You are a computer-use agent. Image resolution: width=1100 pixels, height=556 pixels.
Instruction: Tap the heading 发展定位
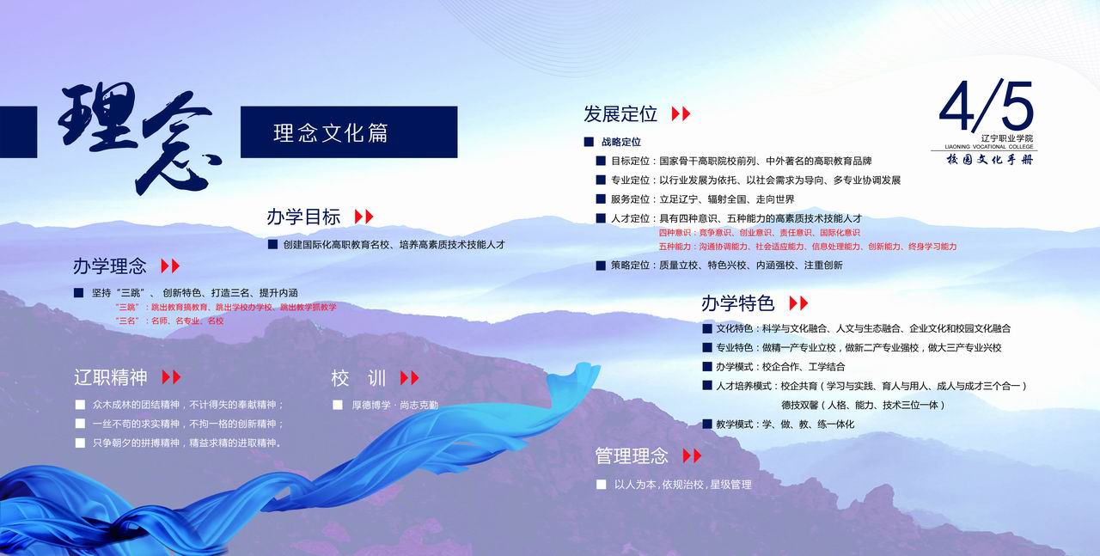[x=620, y=114]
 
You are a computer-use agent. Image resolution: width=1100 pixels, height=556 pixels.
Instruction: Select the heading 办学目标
[x=303, y=217]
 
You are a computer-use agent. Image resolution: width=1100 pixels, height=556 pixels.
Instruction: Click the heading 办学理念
[x=110, y=266]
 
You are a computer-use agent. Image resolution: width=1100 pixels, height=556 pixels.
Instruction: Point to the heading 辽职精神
[x=111, y=378]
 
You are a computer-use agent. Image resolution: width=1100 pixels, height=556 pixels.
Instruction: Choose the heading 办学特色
[x=737, y=303]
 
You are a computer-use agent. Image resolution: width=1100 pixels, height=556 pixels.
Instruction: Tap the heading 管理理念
[x=632, y=456]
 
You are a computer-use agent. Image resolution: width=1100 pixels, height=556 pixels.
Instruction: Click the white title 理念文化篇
[x=331, y=133]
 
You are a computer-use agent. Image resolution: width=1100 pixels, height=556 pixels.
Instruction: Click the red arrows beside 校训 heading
[x=410, y=378]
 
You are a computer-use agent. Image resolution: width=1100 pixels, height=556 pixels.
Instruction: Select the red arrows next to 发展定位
[x=681, y=114]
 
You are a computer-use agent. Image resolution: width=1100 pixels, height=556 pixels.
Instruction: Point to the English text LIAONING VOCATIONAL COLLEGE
[x=989, y=146]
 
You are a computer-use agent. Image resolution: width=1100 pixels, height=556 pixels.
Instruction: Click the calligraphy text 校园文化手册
[x=989, y=159]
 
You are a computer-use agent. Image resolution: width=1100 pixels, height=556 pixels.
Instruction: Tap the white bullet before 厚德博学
[x=338, y=406]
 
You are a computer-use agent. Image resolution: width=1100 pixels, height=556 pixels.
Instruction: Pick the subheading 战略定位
[x=621, y=142]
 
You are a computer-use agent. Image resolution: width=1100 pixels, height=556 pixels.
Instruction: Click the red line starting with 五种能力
[x=808, y=247]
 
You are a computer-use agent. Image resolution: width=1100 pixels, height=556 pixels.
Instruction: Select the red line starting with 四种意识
[x=759, y=233]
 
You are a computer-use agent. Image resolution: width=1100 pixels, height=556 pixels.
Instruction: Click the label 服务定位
[x=630, y=199]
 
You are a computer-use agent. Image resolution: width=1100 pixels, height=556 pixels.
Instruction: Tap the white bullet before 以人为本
[x=601, y=485]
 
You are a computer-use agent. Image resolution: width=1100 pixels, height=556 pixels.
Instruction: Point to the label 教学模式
[x=735, y=425]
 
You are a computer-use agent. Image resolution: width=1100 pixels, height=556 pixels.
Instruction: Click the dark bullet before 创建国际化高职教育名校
[x=272, y=245]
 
